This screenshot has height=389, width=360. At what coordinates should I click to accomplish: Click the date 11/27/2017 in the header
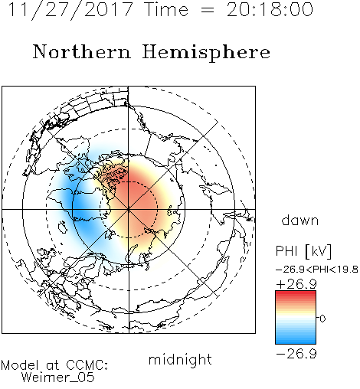click(70, 10)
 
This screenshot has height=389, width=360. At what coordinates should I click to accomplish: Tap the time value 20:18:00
click(270, 9)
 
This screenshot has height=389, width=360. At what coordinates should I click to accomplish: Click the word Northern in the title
click(82, 51)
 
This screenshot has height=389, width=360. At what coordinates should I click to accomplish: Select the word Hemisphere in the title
click(206, 53)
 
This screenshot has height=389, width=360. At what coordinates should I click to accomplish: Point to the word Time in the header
click(166, 9)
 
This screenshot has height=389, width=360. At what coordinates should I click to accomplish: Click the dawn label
click(300, 220)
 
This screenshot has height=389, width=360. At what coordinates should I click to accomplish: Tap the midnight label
click(180, 359)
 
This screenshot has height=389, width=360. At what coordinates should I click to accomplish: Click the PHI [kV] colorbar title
click(304, 251)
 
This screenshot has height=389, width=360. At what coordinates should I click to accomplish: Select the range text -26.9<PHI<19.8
click(317, 270)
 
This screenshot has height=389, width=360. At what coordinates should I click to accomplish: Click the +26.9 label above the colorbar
click(296, 284)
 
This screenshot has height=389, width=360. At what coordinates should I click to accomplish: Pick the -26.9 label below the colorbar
click(296, 354)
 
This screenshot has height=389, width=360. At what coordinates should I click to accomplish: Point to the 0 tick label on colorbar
click(322, 319)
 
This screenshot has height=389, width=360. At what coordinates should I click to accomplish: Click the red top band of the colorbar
click(296, 294)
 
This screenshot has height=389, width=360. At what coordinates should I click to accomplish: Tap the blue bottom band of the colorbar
click(296, 341)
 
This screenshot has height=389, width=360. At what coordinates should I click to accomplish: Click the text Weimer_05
click(58, 378)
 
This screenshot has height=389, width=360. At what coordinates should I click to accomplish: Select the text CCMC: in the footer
click(87, 365)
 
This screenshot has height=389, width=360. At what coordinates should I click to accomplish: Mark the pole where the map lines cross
click(129, 210)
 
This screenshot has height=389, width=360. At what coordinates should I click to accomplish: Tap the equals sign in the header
click(208, 10)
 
